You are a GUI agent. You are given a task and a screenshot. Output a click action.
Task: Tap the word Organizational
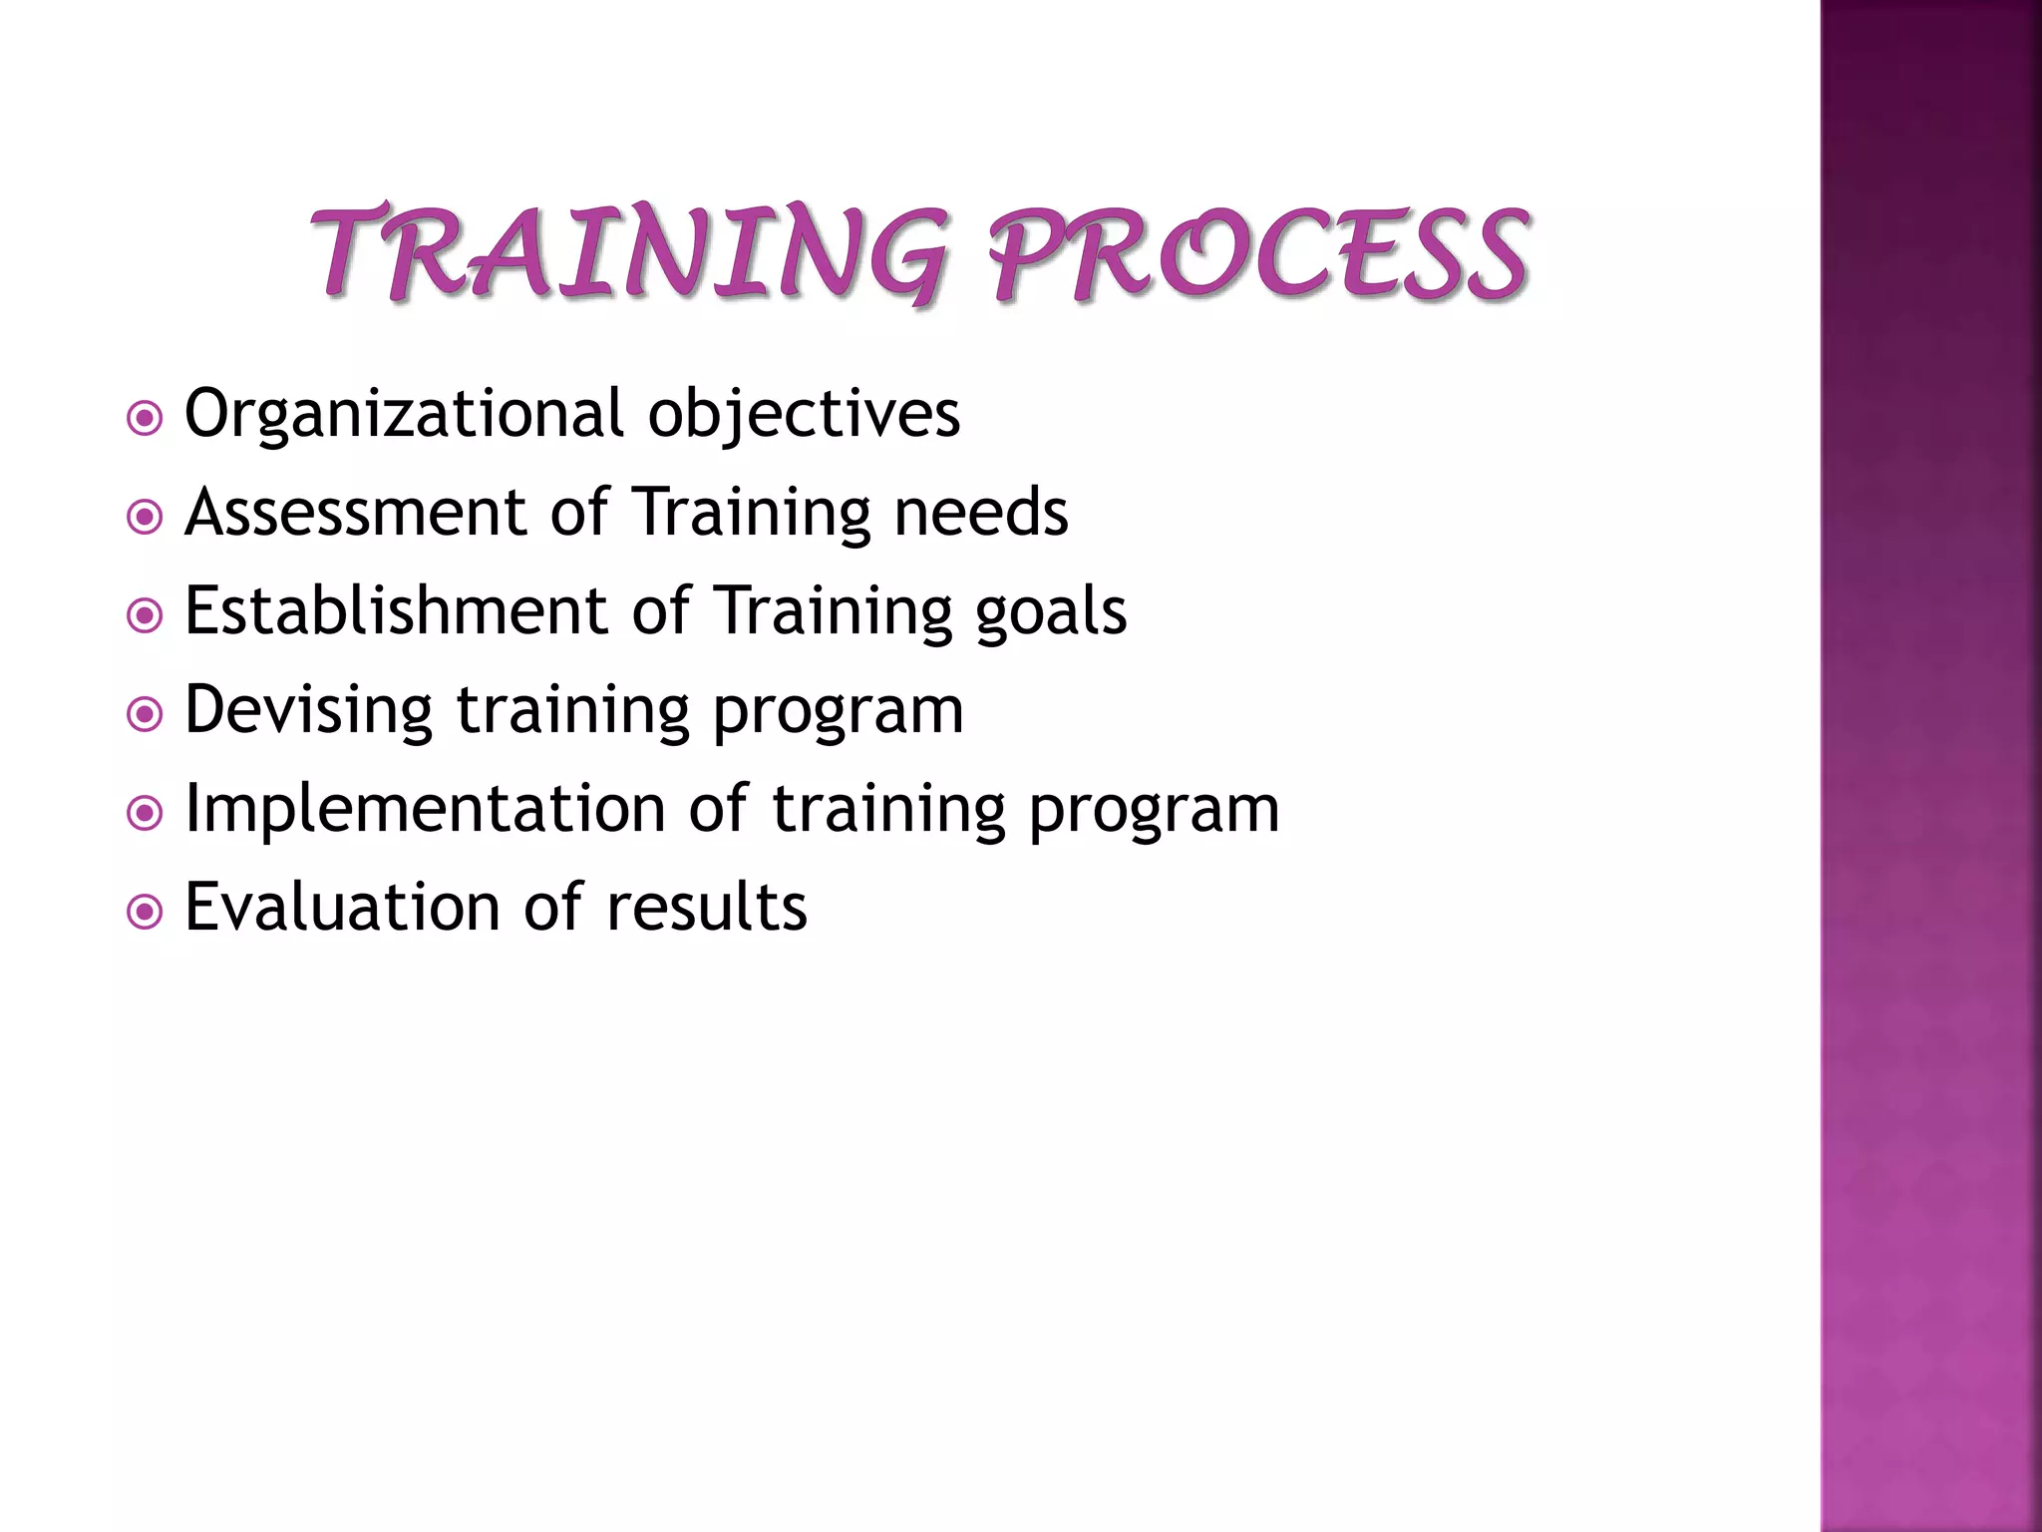pos(404,415)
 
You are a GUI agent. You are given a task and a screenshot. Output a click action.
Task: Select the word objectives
pos(804,415)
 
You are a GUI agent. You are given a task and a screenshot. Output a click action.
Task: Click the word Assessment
pos(355,513)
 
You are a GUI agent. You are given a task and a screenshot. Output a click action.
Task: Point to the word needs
pos(980,513)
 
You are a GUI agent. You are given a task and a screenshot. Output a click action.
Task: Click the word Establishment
pos(396,610)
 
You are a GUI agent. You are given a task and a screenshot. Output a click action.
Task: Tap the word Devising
pos(308,710)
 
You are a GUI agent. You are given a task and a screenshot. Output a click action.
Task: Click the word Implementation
pos(426,808)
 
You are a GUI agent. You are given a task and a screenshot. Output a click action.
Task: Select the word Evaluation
pos(342,908)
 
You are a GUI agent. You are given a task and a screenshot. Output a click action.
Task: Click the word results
pos(706,908)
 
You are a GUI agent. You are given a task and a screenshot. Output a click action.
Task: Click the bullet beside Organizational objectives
pos(146,419)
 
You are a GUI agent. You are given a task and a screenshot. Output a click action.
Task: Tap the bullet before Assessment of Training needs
pos(146,517)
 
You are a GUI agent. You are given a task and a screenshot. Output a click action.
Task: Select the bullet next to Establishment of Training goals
pos(146,615)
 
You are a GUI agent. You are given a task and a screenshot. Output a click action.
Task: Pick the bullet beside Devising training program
pos(146,714)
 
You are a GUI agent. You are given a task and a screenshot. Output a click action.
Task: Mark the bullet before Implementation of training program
pos(146,813)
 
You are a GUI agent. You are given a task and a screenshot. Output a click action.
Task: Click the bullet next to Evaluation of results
pos(146,912)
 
